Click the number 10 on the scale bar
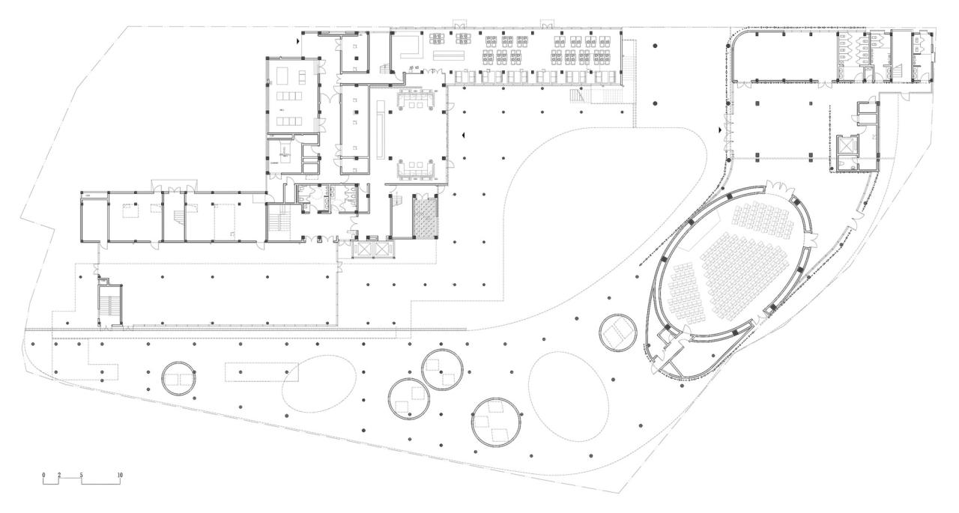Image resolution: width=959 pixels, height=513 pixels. (119, 476)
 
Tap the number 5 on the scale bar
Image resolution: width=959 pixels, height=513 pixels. (81, 476)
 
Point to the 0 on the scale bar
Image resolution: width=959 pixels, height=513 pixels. (43, 476)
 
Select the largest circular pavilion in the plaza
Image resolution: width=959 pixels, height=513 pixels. (495, 422)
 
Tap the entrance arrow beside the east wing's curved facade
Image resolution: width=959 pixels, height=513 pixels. (720, 130)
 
